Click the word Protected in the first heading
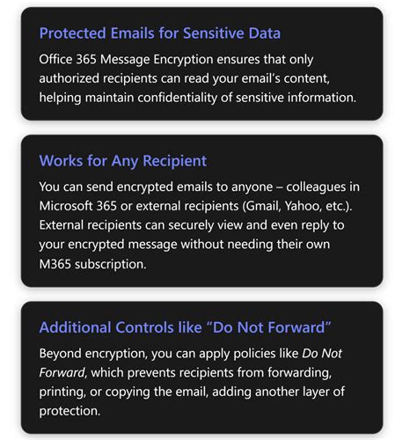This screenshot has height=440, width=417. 76,34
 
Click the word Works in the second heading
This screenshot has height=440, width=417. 62,161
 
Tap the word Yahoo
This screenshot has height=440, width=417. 315,207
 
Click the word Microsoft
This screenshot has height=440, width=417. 72,207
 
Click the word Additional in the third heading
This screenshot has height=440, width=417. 77,327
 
